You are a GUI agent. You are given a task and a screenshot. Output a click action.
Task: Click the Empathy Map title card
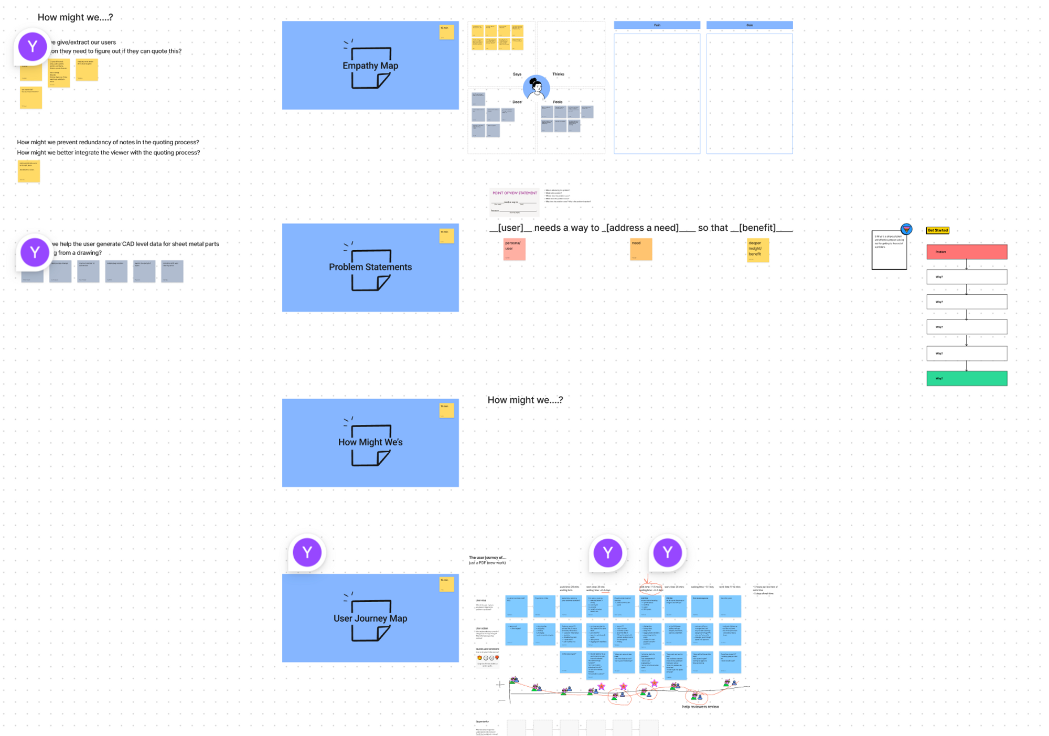point(370,66)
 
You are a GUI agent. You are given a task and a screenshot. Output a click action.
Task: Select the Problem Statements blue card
point(370,268)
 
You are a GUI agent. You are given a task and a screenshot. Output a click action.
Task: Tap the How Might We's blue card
point(370,443)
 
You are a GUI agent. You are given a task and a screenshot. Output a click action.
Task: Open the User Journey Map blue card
point(370,618)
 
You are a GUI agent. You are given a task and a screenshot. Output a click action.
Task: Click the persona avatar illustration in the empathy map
point(536,88)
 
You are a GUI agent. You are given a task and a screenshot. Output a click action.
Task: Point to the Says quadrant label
point(517,74)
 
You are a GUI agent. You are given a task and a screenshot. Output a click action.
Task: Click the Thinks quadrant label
point(558,74)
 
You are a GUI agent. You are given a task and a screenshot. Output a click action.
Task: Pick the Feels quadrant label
point(558,102)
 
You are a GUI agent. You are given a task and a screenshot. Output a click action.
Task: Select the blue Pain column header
point(657,25)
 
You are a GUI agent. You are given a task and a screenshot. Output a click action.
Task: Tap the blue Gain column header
point(749,25)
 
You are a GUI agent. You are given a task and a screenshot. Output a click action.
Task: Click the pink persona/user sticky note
point(514,249)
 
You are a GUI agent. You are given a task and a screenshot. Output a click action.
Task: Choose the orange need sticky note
point(641,249)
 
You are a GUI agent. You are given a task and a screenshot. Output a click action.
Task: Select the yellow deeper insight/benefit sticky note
point(757,250)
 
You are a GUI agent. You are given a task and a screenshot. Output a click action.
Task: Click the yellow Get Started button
point(937,230)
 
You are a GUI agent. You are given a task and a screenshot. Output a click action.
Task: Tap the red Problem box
point(966,252)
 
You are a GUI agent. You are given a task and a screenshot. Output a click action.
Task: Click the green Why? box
point(966,378)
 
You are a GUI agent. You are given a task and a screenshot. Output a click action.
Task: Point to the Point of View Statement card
point(514,201)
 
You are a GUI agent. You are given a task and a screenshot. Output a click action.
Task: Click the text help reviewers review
point(700,707)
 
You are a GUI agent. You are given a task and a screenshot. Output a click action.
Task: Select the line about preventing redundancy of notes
point(108,142)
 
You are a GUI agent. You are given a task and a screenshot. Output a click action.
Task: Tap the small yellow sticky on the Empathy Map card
point(446,31)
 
